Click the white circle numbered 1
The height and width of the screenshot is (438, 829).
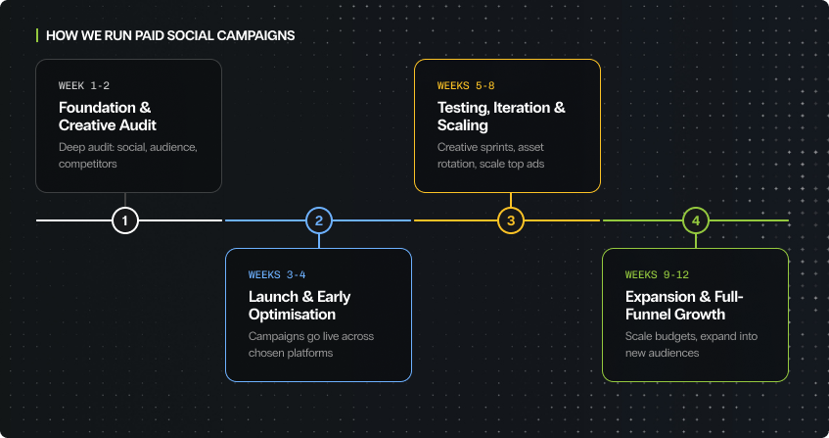(125, 220)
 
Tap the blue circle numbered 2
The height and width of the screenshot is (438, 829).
(318, 220)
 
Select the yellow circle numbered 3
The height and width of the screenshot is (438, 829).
(510, 220)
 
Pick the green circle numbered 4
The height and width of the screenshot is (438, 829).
(695, 220)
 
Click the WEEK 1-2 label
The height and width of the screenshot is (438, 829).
(84, 86)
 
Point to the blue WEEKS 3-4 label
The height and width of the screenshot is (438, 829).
(277, 275)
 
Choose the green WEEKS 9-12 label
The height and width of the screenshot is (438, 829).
(658, 275)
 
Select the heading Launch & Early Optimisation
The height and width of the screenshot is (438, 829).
(299, 306)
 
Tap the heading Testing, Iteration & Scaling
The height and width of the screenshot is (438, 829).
(501, 117)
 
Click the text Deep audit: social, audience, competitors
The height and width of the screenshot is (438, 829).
(127, 156)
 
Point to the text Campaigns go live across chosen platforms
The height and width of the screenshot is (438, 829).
(311, 344)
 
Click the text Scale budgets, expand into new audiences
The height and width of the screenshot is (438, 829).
(691, 344)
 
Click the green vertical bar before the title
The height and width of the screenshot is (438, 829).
(37, 36)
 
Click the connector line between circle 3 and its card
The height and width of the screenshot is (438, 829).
(510, 200)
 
